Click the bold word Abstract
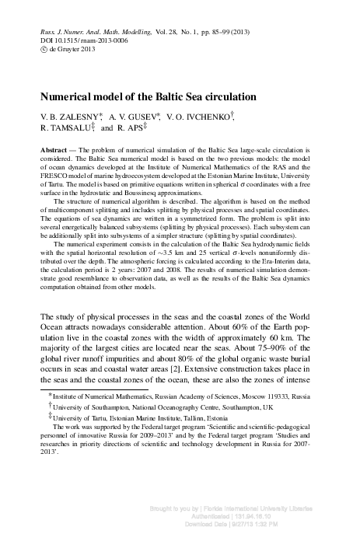pyautogui.click(x=54, y=148)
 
